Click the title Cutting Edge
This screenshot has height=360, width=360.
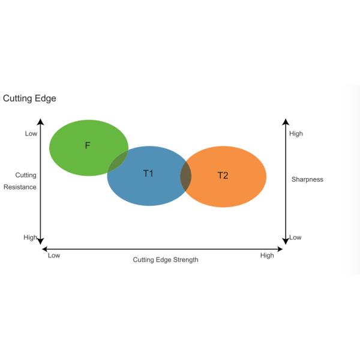coord(29,98)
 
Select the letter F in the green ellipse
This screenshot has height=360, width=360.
coord(88,145)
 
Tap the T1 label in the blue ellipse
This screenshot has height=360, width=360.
coord(148,173)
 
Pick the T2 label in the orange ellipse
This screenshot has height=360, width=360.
coord(223,175)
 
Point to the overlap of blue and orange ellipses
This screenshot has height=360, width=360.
coord(186,176)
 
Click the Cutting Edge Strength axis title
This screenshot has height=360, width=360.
coord(165,260)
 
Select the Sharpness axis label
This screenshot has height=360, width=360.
coord(307,179)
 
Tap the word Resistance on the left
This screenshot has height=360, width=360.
coord(20,187)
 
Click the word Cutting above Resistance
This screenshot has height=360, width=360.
coord(26,175)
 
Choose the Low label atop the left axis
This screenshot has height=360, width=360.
coord(31,133)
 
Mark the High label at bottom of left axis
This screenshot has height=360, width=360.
coord(30,238)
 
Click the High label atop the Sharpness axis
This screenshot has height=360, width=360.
coord(296,133)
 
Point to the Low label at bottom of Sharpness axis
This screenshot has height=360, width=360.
coord(295,238)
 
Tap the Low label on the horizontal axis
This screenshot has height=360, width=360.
coord(54,256)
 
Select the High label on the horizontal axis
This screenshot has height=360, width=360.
coord(267,256)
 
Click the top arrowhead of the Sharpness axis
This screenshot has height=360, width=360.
coord(286,122)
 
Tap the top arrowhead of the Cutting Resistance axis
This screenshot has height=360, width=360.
coord(41,122)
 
